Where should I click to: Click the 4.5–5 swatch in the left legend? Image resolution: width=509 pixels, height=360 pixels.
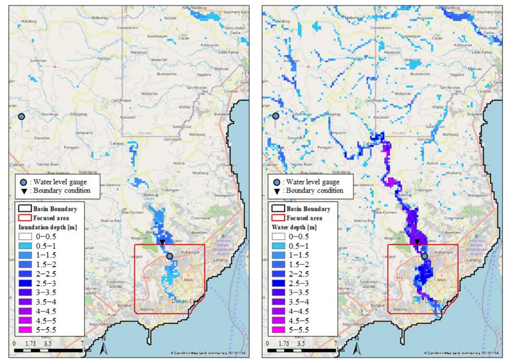(25, 321)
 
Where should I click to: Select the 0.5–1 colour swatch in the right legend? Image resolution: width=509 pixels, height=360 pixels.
(278, 246)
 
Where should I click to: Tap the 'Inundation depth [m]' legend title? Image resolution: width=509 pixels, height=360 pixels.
(48, 227)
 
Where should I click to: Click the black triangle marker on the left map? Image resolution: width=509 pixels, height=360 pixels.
(162, 242)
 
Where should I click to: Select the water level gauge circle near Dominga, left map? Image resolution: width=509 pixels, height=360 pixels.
(21, 117)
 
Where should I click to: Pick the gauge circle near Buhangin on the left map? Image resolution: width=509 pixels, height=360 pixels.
(169, 256)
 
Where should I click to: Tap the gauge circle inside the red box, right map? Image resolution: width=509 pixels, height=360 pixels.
(424, 256)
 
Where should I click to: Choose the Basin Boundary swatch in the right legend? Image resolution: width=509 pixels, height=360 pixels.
(278, 208)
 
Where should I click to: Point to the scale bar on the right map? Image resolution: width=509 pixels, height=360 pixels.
(301, 350)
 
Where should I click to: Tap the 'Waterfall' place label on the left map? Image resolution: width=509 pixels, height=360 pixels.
(159, 60)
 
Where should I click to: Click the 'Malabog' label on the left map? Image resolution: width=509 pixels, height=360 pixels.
(29, 21)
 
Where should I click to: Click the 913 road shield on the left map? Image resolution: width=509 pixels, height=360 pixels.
(146, 278)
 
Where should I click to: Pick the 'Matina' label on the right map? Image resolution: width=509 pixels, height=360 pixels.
(399, 309)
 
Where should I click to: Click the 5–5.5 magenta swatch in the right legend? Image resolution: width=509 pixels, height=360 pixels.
(278, 330)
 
